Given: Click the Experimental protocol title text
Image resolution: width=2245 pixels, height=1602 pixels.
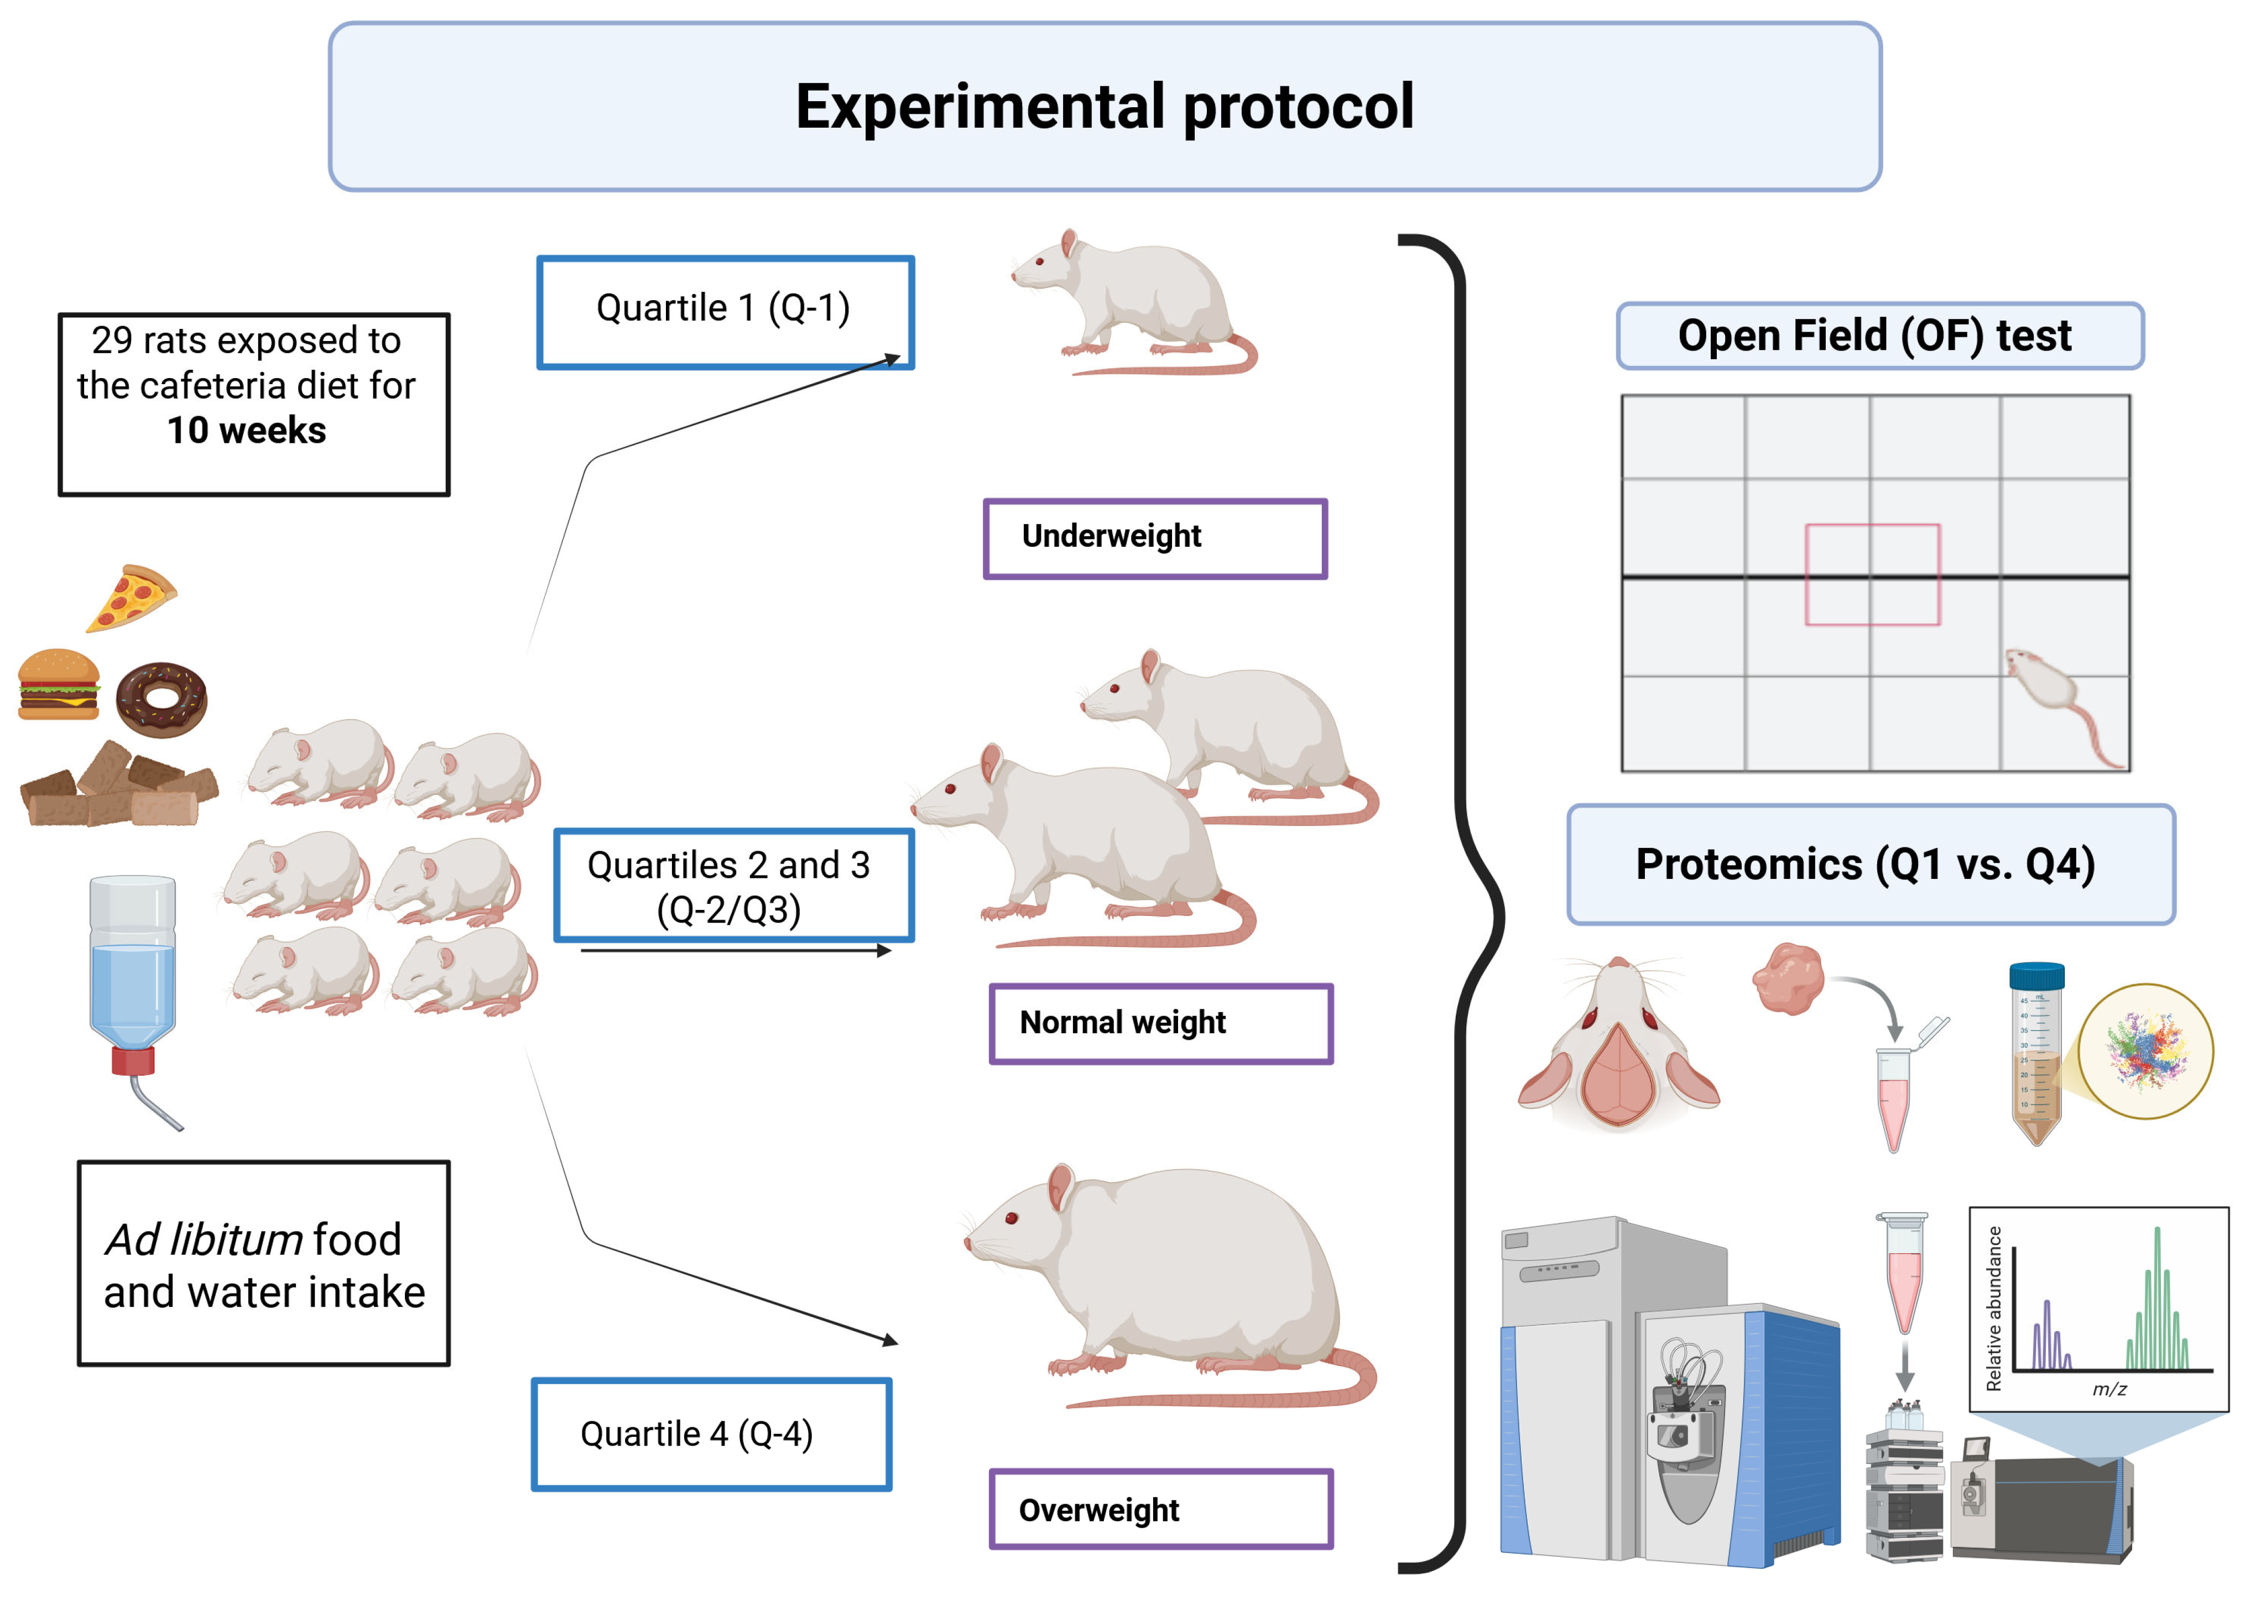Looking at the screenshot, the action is pos(1104,107).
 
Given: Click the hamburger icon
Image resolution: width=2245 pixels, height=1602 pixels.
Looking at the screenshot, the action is pos(59,684).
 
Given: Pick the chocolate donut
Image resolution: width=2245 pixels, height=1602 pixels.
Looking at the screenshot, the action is pos(162,699).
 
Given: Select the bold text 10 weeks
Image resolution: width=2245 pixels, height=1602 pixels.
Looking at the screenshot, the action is pos(247,430).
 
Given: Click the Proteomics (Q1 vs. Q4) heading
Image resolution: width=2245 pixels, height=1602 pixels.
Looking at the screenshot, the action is pos(1865,864).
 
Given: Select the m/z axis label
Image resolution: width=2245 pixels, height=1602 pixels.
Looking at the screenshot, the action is pos(2110,1389).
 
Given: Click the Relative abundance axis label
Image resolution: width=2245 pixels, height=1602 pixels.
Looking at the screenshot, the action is pos(1993,1308).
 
